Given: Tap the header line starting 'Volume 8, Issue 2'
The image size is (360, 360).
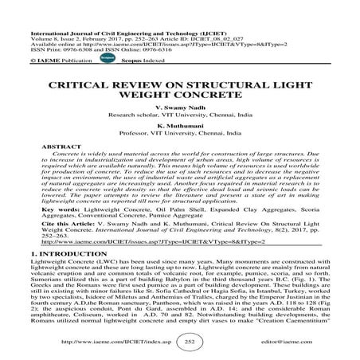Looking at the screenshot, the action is [127, 33].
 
